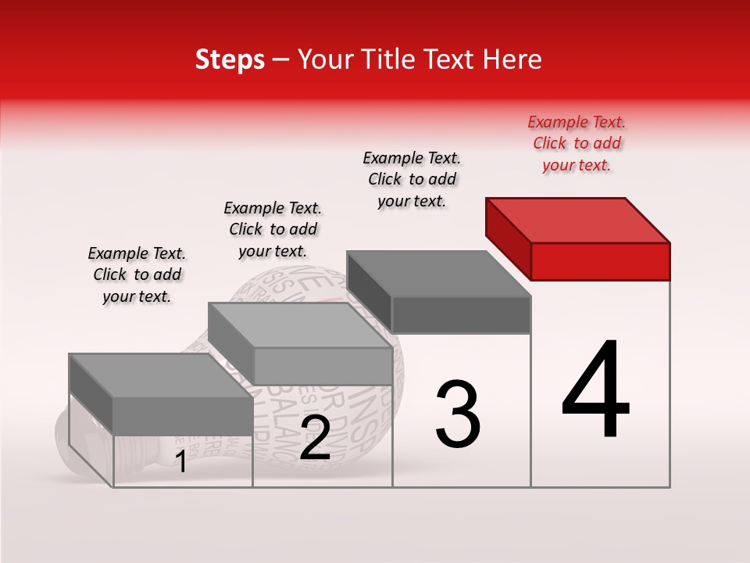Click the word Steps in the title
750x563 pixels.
tap(230, 59)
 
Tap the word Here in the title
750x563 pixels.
tap(512, 59)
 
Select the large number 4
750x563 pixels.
tap(596, 391)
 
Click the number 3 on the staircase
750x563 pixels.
tap(458, 414)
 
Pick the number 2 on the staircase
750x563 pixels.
tap(315, 439)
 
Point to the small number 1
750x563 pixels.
tap(180, 462)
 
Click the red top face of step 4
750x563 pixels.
tap(578, 220)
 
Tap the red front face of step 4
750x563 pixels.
tap(600, 261)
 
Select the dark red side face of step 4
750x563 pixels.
tap(508, 235)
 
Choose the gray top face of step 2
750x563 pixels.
tap(301, 325)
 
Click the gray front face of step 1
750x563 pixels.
tap(183, 415)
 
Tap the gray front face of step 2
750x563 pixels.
tap(323, 366)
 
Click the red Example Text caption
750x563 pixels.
tap(577, 143)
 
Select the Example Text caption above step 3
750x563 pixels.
tap(412, 179)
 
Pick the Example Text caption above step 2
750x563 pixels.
tap(273, 229)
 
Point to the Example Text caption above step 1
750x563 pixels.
tap(137, 274)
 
